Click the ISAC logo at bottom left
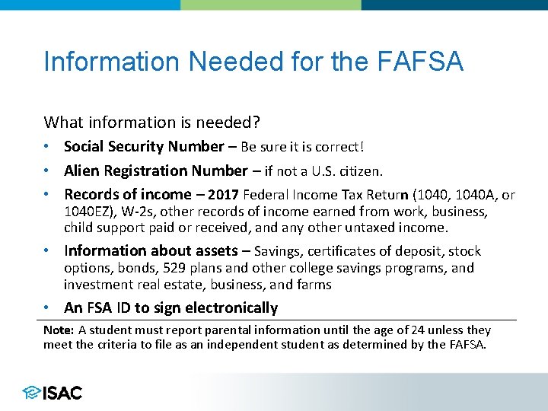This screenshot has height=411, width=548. click(x=53, y=393)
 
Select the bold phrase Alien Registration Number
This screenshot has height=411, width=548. click(x=155, y=170)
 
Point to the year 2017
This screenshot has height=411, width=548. click(x=222, y=195)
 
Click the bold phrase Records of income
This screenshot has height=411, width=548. click(x=128, y=195)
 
